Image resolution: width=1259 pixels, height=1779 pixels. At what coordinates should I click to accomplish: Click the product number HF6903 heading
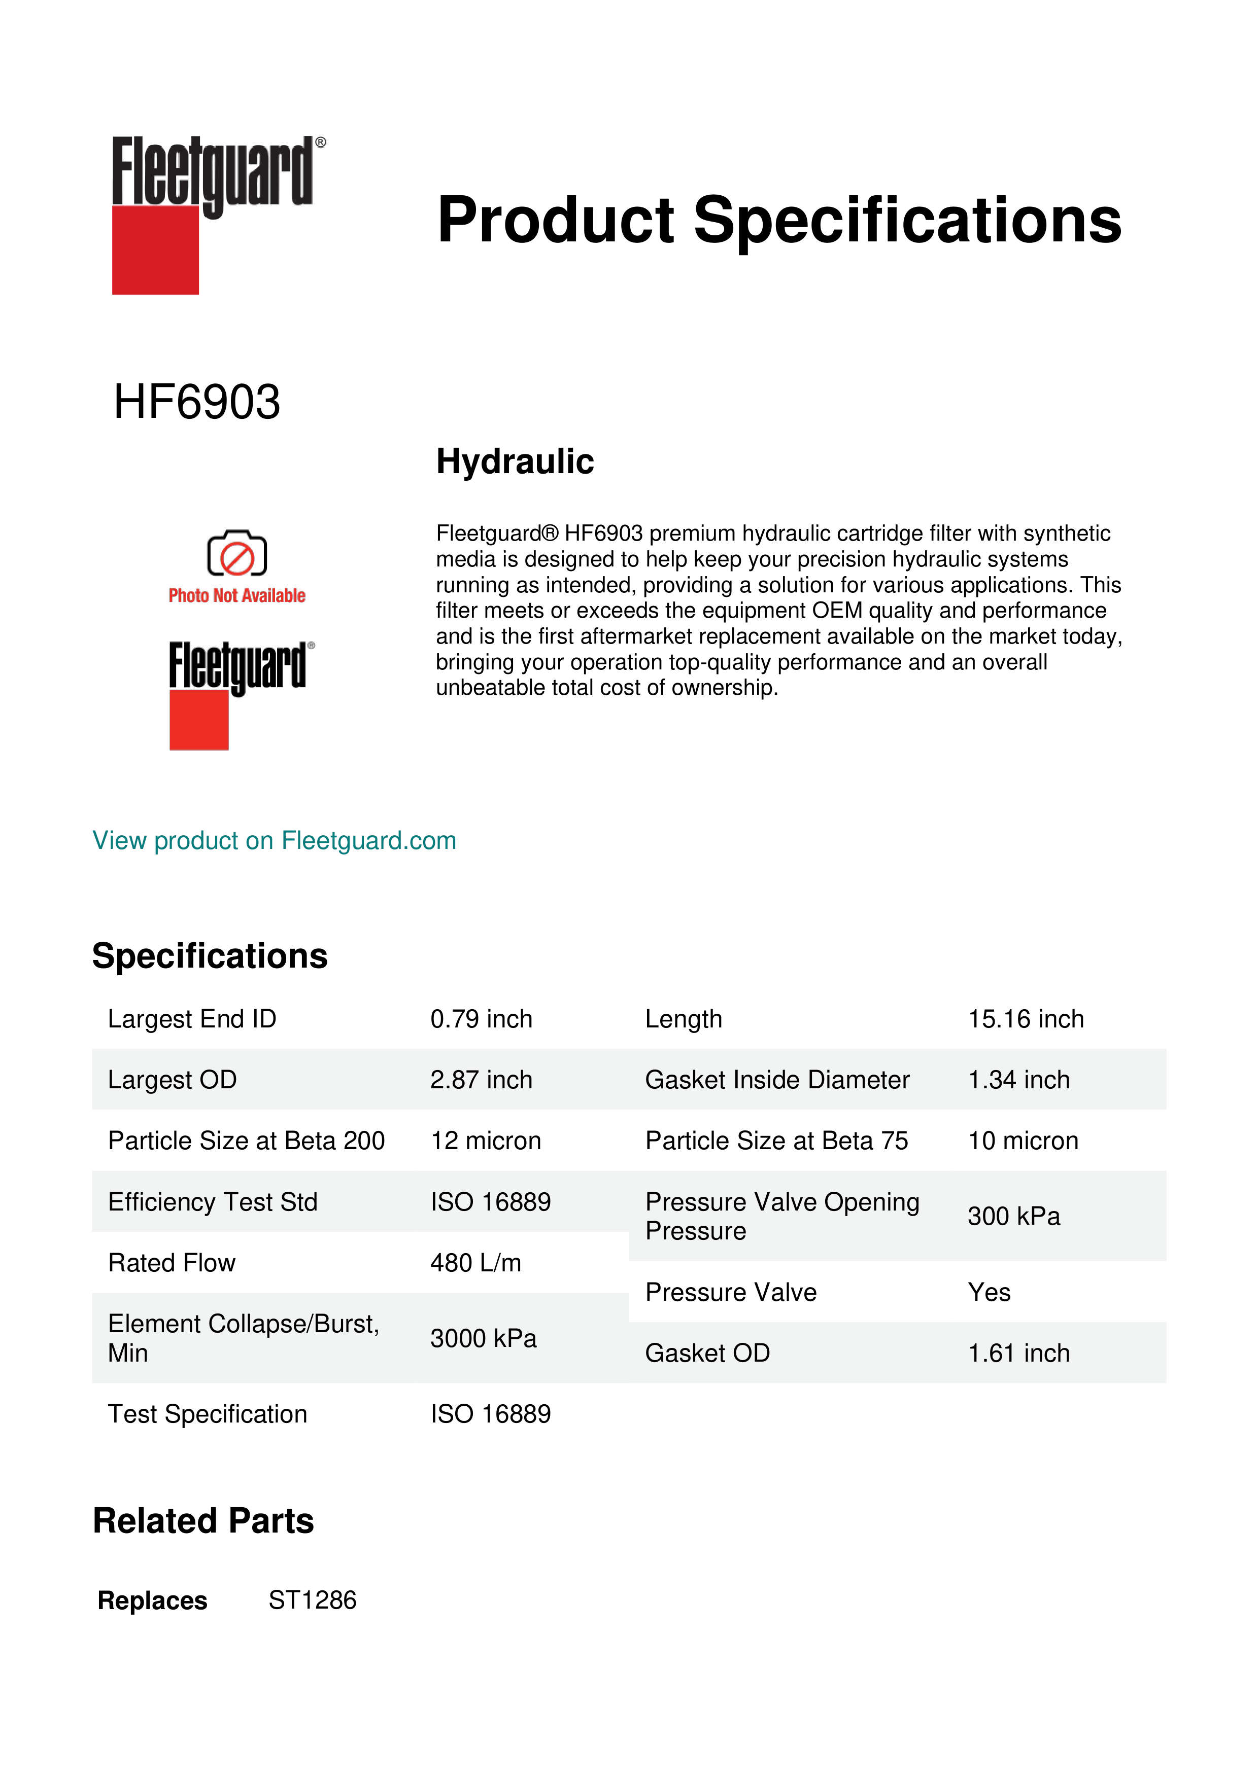[x=196, y=402]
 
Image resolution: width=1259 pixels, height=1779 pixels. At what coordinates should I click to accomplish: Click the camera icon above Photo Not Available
[x=236, y=554]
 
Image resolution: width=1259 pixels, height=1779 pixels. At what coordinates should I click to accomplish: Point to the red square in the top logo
[x=155, y=251]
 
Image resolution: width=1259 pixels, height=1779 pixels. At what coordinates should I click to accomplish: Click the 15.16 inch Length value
[x=1025, y=1019]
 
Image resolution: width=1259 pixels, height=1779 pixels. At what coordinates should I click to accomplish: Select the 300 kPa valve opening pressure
[x=1013, y=1217]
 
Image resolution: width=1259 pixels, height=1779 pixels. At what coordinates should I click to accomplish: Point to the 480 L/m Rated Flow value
[x=475, y=1263]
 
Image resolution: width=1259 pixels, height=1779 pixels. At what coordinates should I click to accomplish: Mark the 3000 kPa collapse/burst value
[x=483, y=1338]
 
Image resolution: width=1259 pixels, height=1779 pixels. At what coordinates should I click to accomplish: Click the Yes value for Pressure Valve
[x=989, y=1292]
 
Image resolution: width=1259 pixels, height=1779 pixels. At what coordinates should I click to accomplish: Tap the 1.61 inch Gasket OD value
[x=1018, y=1354]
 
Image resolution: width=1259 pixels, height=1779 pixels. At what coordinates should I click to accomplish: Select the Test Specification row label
[x=207, y=1414]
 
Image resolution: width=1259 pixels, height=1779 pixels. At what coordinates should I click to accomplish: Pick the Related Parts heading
[x=203, y=1521]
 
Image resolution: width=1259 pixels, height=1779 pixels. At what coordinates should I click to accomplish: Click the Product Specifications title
[x=778, y=220]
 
